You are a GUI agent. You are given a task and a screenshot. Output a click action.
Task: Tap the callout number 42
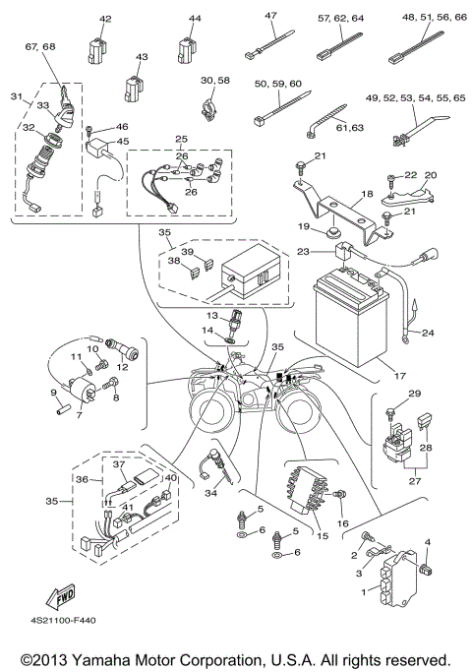click(x=105, y=19)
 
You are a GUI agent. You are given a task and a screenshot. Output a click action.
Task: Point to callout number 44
click(x=194, y=19)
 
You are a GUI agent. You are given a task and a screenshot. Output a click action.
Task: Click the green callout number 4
click(x=427, y=541)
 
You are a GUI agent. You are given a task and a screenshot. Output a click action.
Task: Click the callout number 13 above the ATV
click(x=212, y=316)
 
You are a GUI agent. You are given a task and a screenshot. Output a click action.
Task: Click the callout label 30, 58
click(x=214, y=79)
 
